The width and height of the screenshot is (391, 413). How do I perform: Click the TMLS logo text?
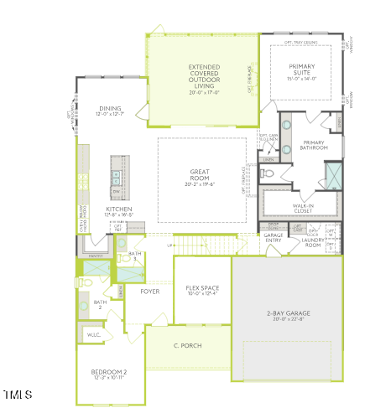coord(18,394)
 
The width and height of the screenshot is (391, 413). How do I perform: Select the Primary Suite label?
coord(301,70)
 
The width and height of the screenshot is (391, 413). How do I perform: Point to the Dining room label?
coord(111,108)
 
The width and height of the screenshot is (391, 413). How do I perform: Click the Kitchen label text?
coord(119,209)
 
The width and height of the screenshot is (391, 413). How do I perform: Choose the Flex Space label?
coord(201,288)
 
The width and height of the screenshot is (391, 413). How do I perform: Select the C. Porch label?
coord(188,345)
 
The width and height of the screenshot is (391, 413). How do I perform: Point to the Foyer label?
coord(150,292)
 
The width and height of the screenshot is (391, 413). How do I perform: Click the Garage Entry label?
coord(274,238)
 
